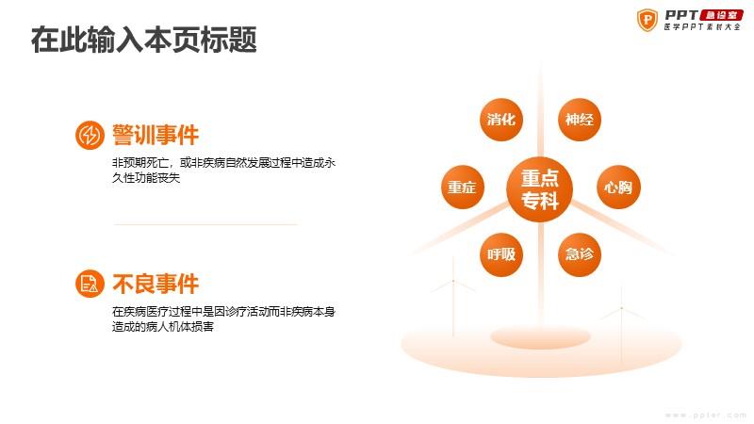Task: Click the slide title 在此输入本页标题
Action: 144,40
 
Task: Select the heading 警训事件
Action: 156,135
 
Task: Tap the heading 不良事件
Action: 156,284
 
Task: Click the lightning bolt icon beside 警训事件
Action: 90,135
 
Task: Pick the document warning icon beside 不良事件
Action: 90,284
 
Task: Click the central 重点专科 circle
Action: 539,189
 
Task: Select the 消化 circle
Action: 501,120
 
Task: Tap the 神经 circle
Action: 580,120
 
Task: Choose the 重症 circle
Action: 462,187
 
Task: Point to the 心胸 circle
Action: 618,187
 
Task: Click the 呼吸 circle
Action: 501,254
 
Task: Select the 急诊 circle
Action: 580,254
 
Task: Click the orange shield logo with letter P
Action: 647,20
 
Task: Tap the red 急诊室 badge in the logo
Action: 722,15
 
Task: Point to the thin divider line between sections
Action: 205,224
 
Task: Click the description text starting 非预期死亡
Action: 223,171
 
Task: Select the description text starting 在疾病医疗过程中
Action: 223,319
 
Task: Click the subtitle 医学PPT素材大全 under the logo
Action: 702,27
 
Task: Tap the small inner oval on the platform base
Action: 540,337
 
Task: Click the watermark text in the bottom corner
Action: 705,415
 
